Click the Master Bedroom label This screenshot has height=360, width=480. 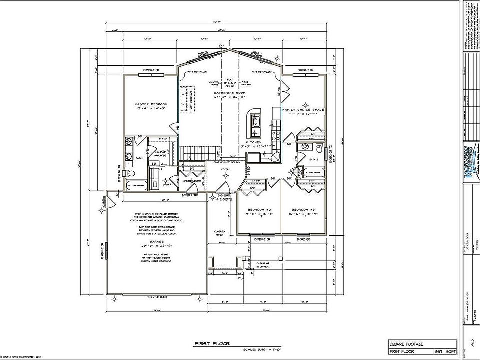151,104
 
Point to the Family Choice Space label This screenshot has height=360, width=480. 303,109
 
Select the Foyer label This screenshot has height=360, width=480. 225,169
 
